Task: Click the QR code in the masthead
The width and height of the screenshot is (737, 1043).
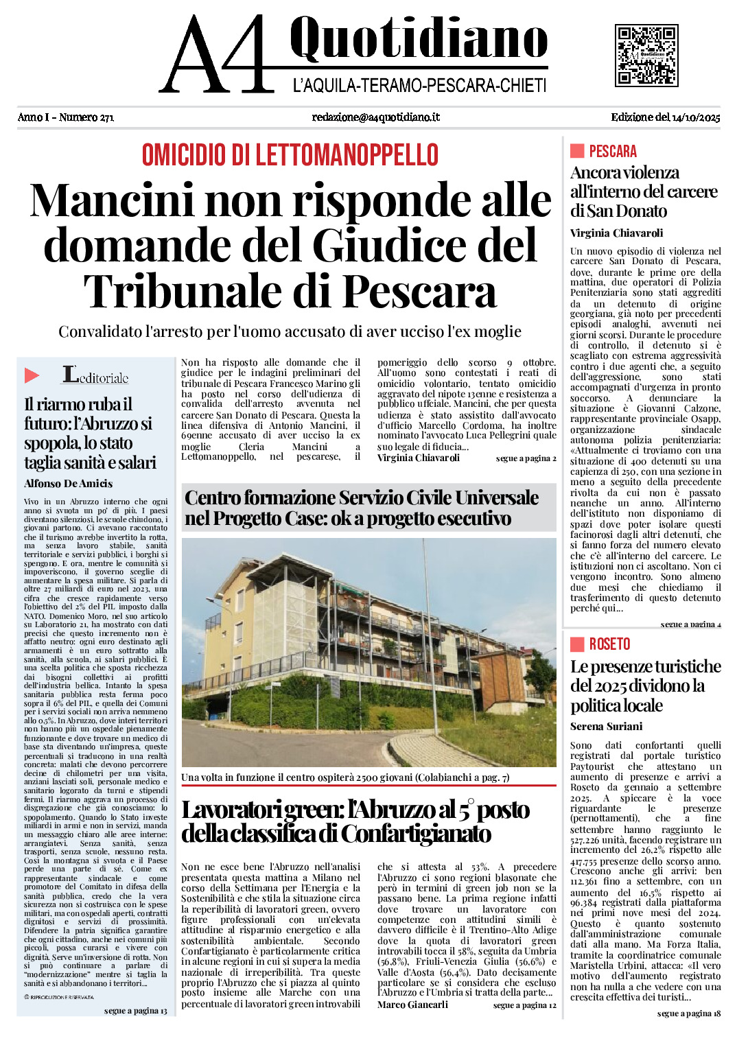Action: pyautogui.click(x=646, y=55)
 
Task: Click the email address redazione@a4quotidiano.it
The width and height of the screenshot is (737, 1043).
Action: pyautogui.click(x=375, y=117)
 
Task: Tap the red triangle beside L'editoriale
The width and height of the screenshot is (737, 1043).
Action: pyautogui.click(x=32, y=375)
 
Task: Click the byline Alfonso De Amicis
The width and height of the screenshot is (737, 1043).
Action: pyautogui.click(x=68, y=484)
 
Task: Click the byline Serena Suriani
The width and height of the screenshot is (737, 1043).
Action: pyautogui.click(x=607, y=727)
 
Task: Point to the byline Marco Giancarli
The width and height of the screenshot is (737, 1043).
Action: pyautogui.click(x=412, y=1005)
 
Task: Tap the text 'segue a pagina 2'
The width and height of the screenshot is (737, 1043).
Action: pyautogui.click(x=526, y=458)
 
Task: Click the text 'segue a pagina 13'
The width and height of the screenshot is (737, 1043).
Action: pyautogui.click(x=135, y=1011)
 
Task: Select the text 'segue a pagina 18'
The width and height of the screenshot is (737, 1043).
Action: pyautogui.click(x=688, y=1013)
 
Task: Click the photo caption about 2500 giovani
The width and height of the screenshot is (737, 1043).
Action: pyautogui.click(x=345, y=777)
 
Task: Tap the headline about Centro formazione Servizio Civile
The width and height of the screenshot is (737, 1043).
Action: pyautogui.click(x=362, y=507)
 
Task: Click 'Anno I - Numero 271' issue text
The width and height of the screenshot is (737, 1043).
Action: pyautogui.click(x=66, y=117)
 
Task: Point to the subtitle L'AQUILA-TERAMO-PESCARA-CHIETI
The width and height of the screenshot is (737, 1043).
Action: pyautogui.click(x=419, y=86)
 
